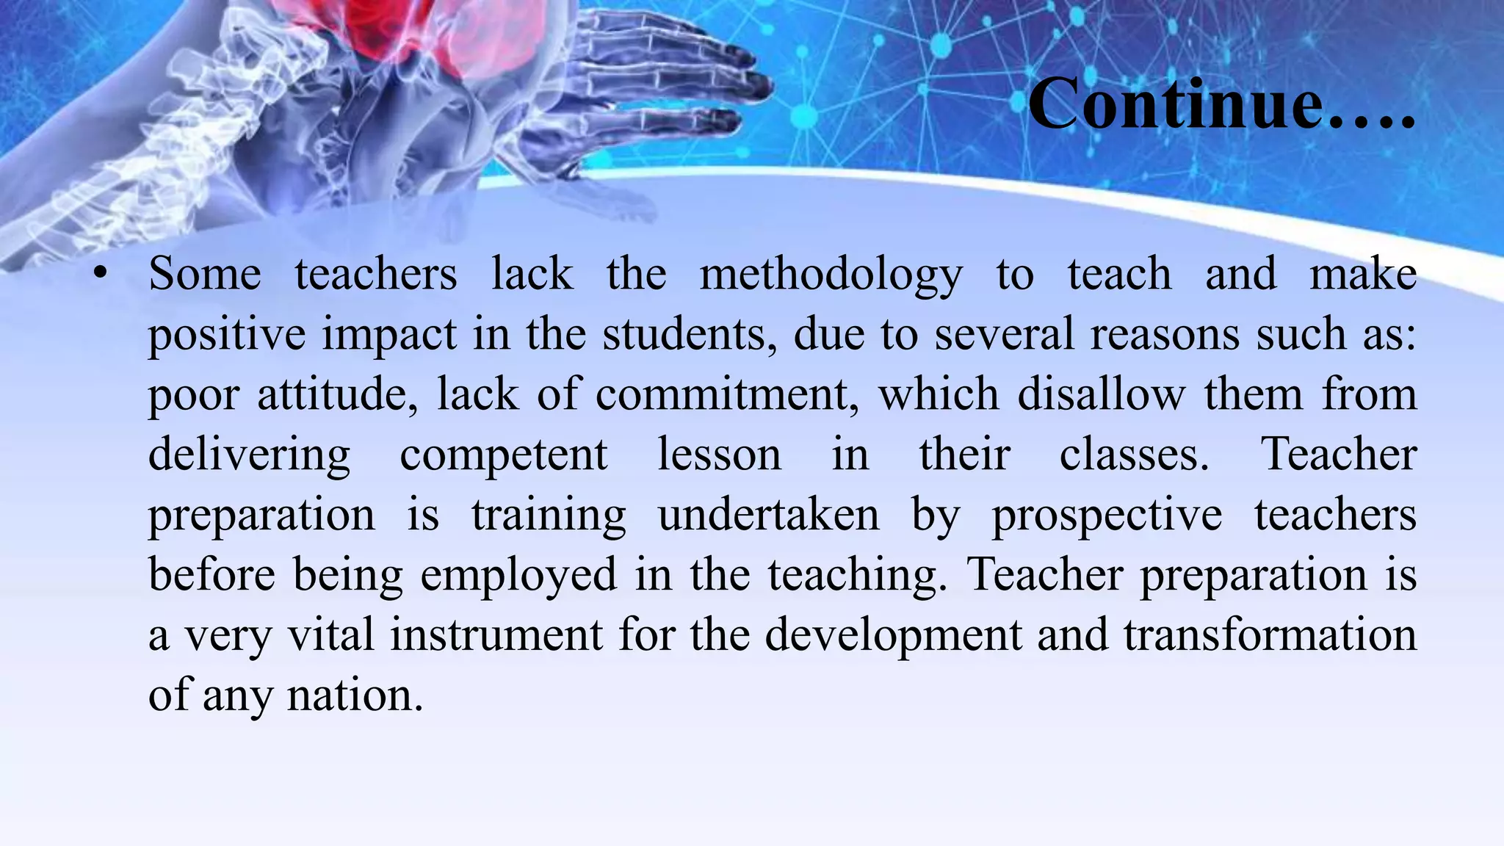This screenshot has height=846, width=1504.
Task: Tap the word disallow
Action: pyautogui.click(x=1101, y=395)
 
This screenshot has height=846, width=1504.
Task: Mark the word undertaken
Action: pyautogui.click(x=768, y=516)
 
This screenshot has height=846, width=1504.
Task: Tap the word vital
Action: pyautogui.click(x=330, y=636)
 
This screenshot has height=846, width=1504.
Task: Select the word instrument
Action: pyautogui.click(x=496, y=636)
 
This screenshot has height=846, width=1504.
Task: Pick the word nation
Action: pyautogui.click(x=355, y=696)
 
